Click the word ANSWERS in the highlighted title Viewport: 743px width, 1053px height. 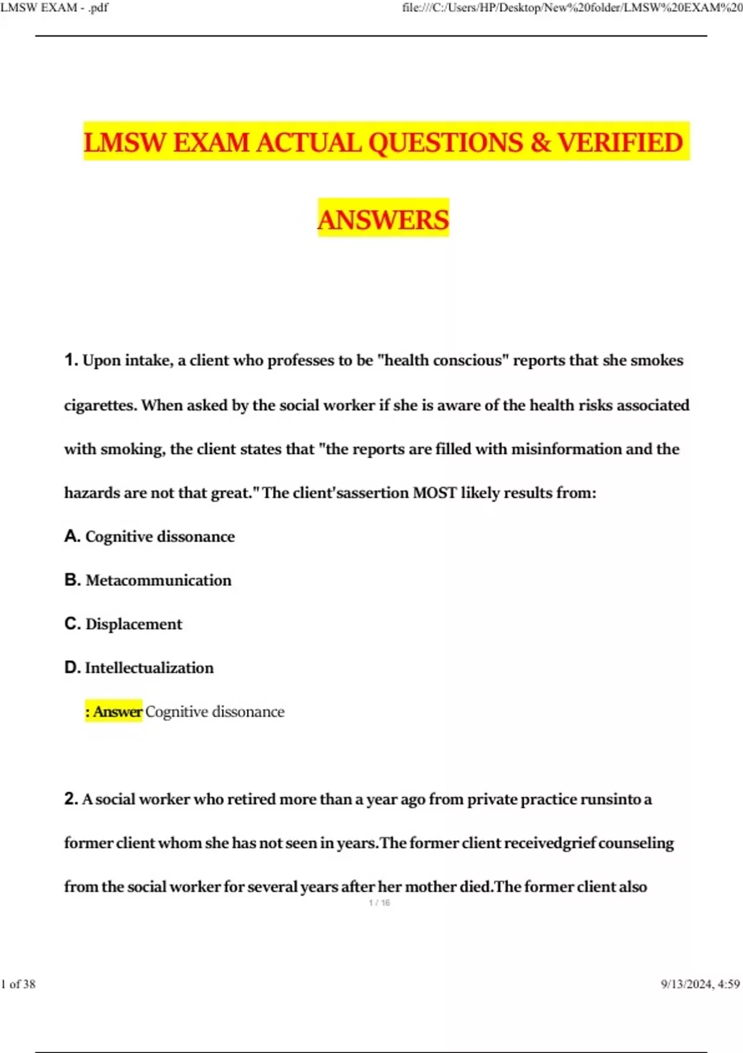click(x=383, y=220)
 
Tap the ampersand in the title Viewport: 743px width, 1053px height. click(x=540, y=142)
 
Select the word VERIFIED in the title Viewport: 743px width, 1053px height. click(x=620, y=142)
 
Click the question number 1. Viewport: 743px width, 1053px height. click(x=71, y=360)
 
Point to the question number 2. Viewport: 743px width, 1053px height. click(x=71, y=798)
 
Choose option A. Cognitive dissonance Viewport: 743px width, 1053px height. click(x=149, y=536)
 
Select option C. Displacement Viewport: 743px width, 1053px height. click(x=123, y=624)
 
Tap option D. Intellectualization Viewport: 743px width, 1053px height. click(x=139, y=668)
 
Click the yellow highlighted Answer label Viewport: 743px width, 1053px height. click(x=115, y=712)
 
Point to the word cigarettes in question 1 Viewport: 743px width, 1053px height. click(x=100, y=405)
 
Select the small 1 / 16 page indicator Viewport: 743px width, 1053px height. click(x=379, y=902)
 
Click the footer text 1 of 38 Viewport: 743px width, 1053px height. click(x=19, y=984)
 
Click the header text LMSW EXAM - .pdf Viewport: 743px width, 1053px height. click(x=54, y=7)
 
